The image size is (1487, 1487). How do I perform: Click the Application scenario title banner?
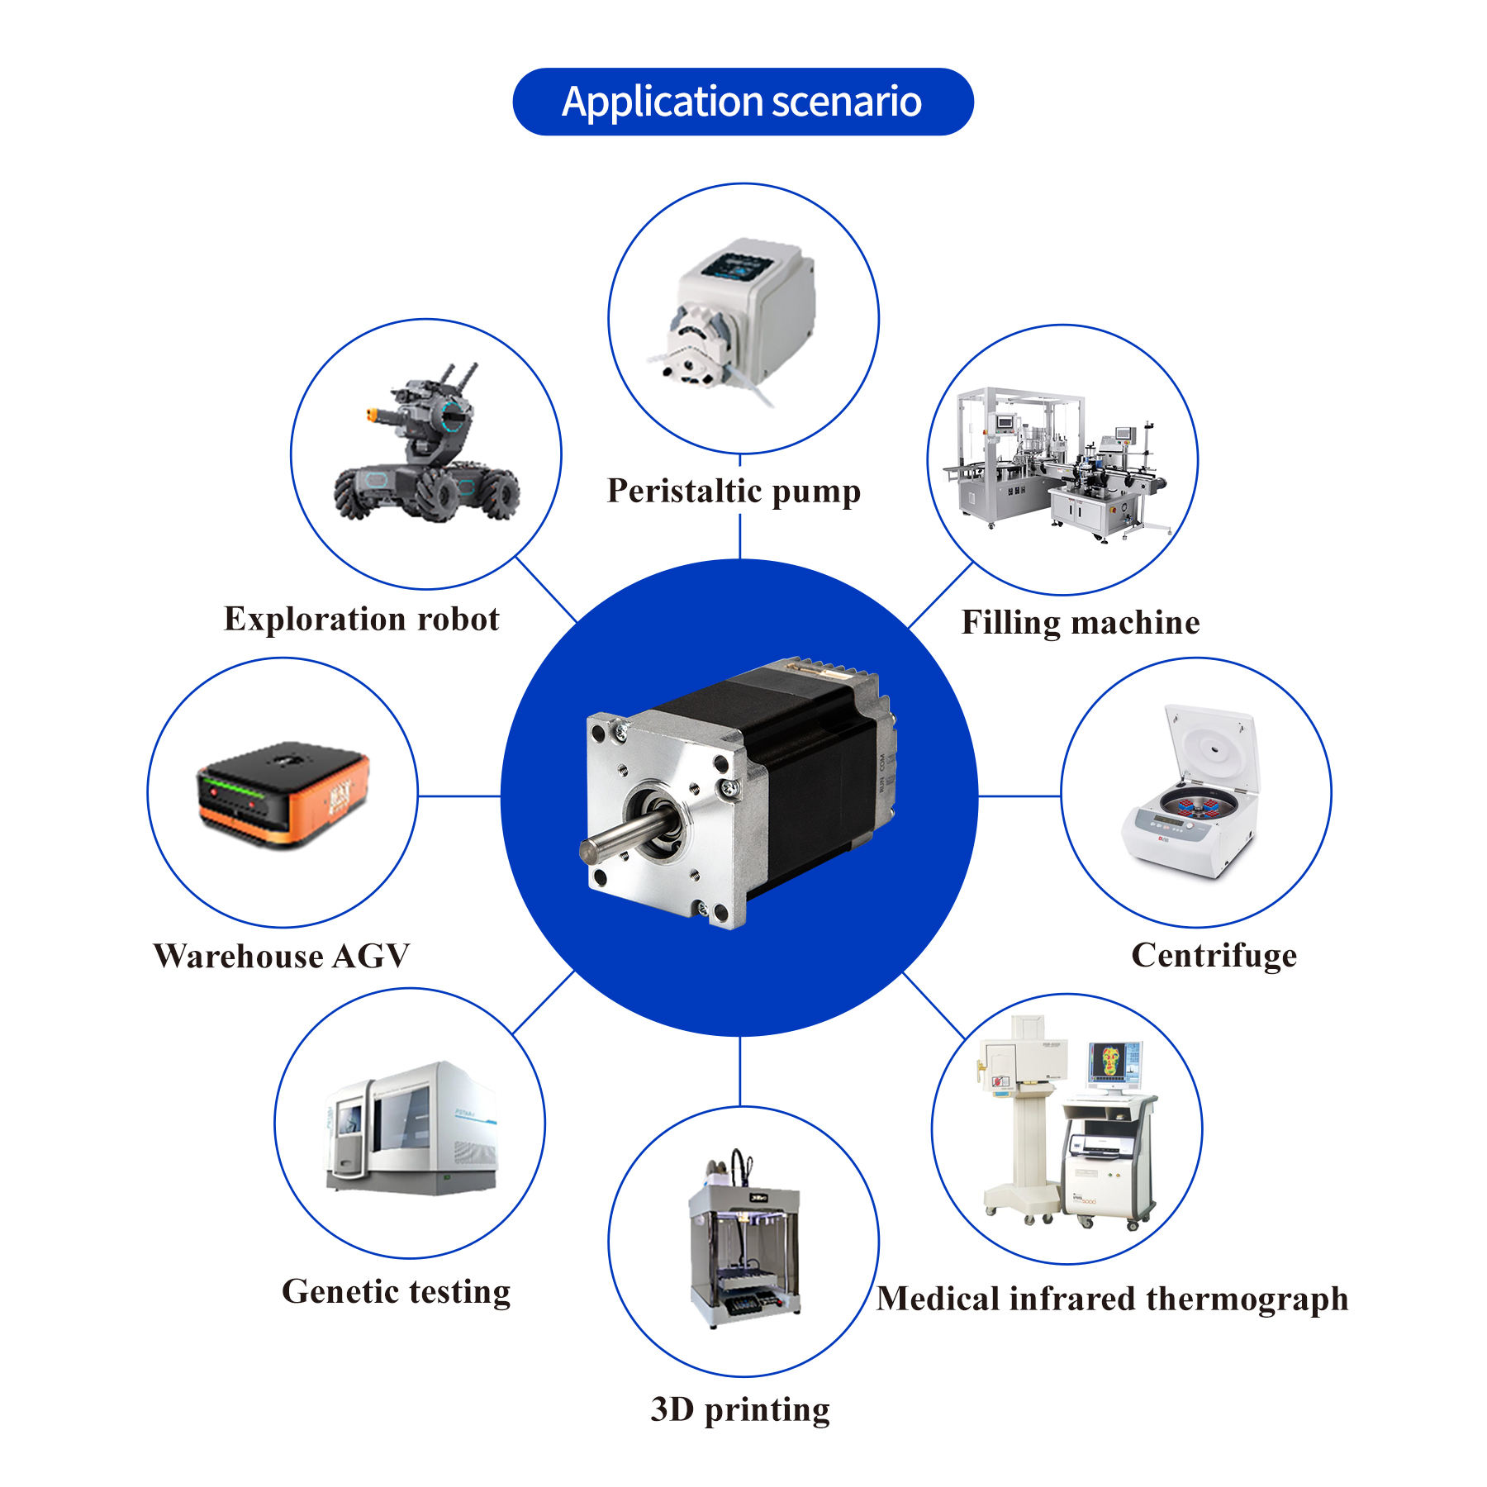pyautogui.click(x=743, y=102)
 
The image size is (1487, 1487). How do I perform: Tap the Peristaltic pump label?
pyautogui.click(x=734, y=492)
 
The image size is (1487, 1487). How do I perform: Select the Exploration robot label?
pyautogui.click(x=362, y=619)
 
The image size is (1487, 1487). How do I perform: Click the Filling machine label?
pyautogui.click(x=1081, y=623)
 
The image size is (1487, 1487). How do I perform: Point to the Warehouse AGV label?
pyautogui.click(x=282, y=956)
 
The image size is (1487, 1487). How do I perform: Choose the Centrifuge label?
pyautogui.click(x=1214, y=956)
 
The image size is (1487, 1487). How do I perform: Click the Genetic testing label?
pyautogui.click(x=396, y=1292)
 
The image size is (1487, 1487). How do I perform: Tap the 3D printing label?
pyautogui.click(x=740, y=1410)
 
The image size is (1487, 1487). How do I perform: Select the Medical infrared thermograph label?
pyautogui.click(x=1112, y=1299)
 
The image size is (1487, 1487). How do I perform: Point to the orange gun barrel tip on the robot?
pyautogui.click(x=371, y=413)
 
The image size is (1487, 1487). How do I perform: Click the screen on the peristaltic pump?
pyautogui.click(x=736, y=267)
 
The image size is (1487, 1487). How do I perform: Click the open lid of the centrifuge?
pyautogui.click(x=1211, y=747)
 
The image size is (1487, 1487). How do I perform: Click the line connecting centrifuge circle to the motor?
pyautogui.click(x=1019, y=796)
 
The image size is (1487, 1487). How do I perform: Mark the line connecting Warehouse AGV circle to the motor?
pyautogui.click(x=459, y=796)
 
